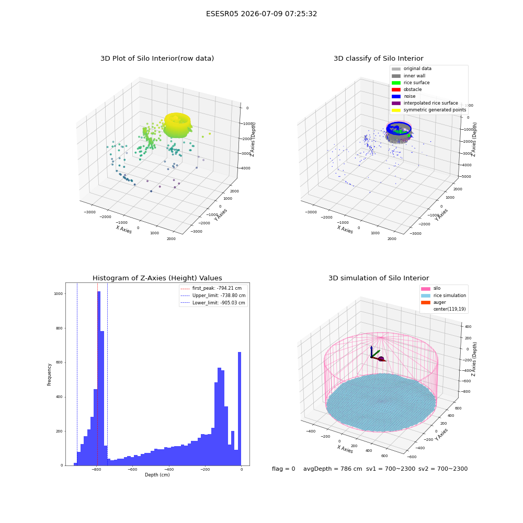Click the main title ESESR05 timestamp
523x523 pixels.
(261, 14)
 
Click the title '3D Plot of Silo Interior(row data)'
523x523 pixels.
(157, 59)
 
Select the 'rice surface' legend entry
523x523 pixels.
(411, 83)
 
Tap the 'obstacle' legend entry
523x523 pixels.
(406, 89)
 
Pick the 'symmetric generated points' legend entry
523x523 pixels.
(429, 110)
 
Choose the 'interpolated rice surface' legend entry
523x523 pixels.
(425, 103)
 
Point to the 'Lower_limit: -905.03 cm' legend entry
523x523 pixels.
(213, 303)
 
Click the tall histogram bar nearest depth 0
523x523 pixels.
(239, 408)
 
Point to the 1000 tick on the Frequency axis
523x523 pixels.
(59, 293)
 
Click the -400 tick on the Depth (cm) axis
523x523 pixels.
(169, 470)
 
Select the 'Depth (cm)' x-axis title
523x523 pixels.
(157, 475)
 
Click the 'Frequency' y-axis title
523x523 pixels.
(49, 374)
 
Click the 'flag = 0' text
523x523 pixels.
(283, 469)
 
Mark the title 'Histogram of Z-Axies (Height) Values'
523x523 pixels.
(157, 278)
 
